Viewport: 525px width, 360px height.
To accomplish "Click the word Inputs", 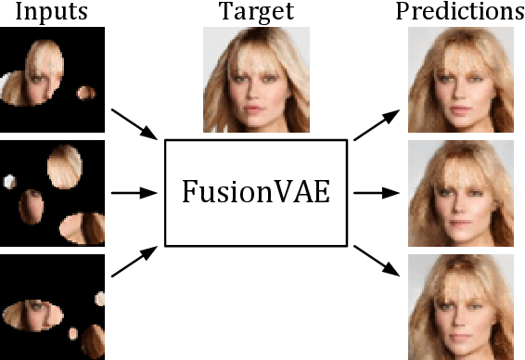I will click(x=52, y=13).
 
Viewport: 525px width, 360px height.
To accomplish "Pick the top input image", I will click(x=52, y=78).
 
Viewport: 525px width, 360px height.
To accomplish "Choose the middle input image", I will click(x=52, y=193).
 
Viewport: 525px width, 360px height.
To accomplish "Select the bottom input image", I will click(x=52, y=307).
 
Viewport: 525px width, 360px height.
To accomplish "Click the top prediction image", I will click(x=461, y=78).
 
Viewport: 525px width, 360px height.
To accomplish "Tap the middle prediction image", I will click(x=461, y=193).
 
